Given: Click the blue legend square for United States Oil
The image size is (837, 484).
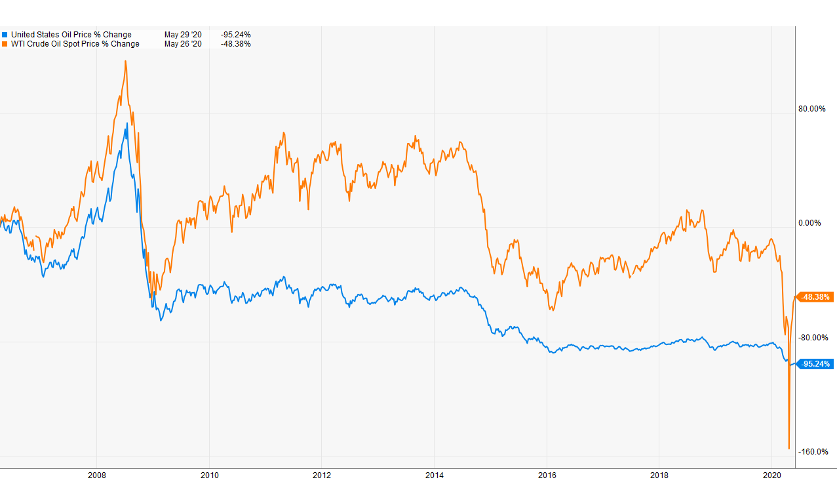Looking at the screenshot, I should tap(5, 35).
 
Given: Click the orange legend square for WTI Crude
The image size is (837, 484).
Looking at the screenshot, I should tap(5, 44).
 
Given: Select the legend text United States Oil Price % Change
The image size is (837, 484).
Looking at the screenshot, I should tap(71, 35).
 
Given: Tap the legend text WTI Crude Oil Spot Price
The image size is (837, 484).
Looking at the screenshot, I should tap(75, 44).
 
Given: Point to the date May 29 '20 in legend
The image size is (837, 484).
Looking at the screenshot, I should tap(183, 35).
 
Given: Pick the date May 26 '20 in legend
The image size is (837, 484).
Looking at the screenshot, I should tap(183, 44).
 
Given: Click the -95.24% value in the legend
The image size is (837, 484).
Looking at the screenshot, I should tap(236, 35).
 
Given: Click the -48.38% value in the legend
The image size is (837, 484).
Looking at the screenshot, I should tap(236, 44).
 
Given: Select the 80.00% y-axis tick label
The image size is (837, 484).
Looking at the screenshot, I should tap(812, 109).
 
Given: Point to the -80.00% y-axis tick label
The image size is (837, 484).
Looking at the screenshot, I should tap(812, 338).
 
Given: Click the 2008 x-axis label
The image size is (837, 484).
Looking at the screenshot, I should tap(97, 475).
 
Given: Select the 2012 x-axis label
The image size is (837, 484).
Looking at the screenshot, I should tap(322, 475).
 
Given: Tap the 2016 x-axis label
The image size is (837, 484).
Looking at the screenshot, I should tap(547, 475).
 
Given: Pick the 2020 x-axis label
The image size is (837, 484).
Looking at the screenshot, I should tap(773, 475).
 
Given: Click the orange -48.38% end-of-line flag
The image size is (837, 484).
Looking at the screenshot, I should tap(815, 297).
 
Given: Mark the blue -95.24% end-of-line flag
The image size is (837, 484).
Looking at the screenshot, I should tap(815, 364).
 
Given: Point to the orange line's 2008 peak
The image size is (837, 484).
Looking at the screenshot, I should tap(125, 61).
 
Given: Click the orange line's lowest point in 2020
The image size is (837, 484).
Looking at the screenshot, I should tap(788, 449).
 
